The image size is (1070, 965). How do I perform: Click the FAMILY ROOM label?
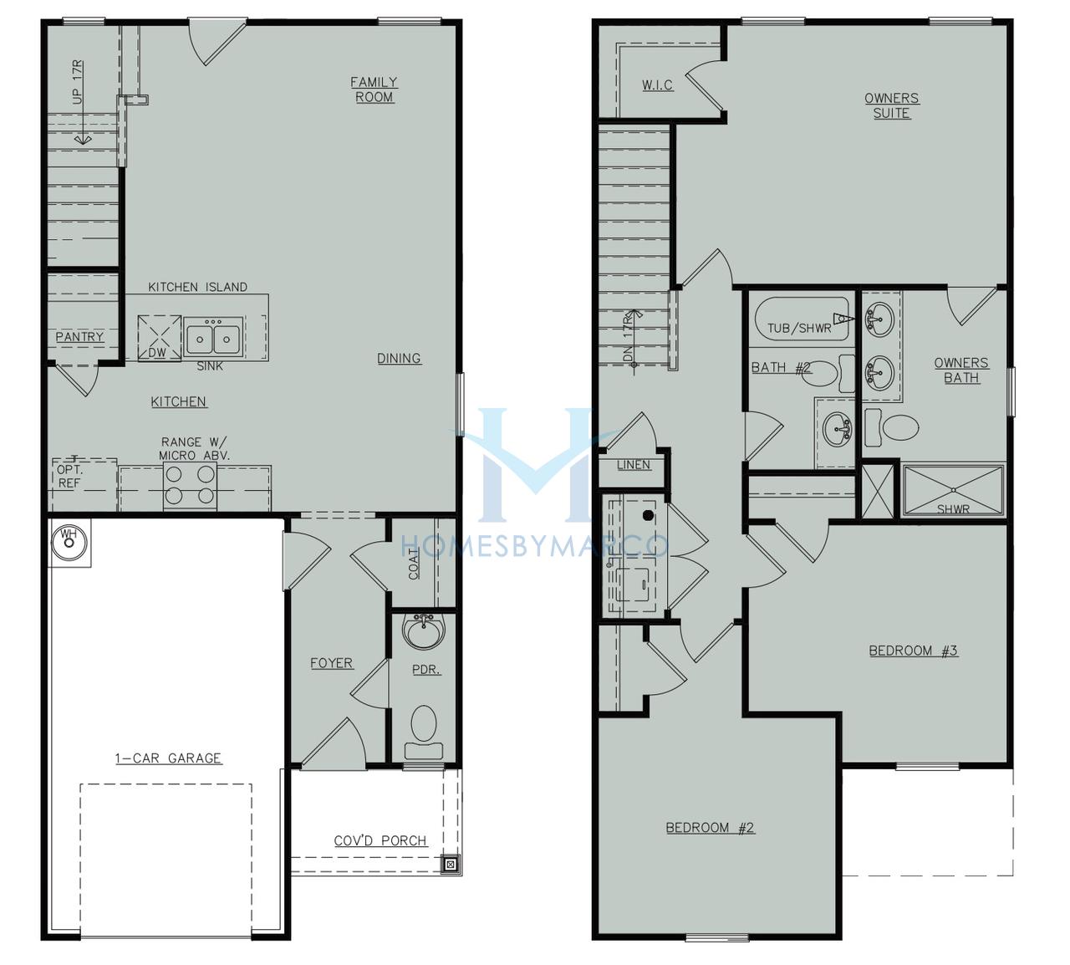[374, 89]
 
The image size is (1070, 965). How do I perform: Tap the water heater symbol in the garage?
[69, 543]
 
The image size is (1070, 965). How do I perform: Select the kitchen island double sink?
[213, 337]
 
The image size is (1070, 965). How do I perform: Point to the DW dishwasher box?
[160, 338]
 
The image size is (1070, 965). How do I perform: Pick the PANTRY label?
[80, 337]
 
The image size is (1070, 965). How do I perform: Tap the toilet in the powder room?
[424, 733]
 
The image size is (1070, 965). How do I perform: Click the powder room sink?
[424, 631]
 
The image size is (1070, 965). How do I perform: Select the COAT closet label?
[414, 564]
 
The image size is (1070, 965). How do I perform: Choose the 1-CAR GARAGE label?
[168, 758]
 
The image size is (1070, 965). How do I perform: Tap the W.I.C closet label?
[657, 84]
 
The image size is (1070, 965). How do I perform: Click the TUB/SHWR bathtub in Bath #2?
[802, 319]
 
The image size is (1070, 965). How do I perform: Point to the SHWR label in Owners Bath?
[953, 508]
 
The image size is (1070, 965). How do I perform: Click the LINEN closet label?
[634, 465]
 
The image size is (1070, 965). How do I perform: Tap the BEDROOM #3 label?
[913, 651]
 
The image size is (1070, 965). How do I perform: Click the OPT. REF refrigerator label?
[69, 476]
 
